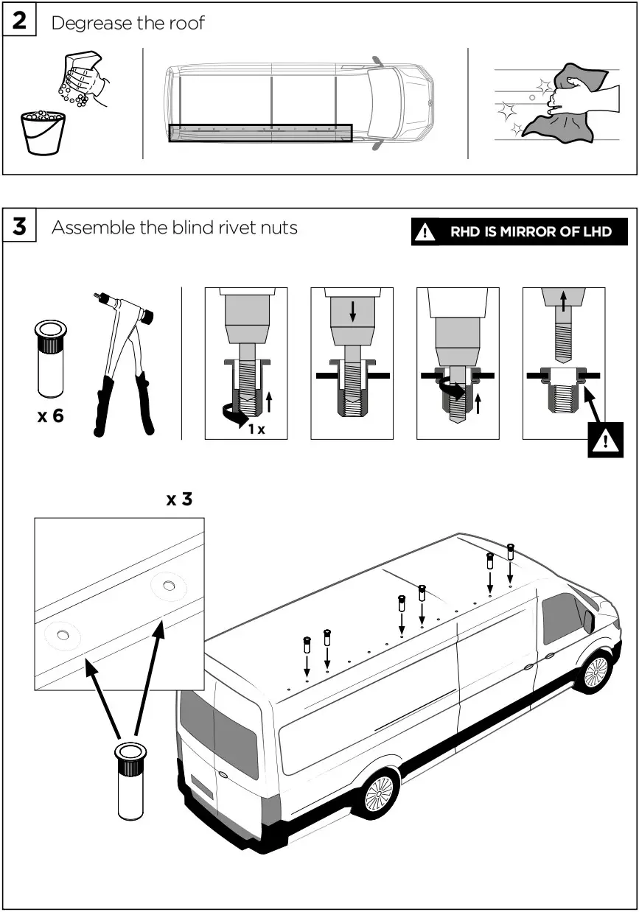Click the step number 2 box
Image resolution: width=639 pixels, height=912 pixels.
[x=19, y=21]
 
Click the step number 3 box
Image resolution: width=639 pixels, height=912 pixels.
[x=19, y=227]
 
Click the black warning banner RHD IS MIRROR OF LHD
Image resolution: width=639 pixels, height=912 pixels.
[x=519, y=232]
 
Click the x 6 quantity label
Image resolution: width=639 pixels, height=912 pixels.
[x=51, y=416]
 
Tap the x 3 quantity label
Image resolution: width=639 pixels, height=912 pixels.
[x=179, y=499]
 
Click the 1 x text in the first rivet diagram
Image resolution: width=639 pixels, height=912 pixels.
[x=256, y=429]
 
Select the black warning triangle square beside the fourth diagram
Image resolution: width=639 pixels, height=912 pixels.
[x=605, y=441]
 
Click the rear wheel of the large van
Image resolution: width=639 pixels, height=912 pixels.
[x=380, y=794]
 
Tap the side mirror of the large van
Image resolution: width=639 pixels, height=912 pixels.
[x=589, y=620]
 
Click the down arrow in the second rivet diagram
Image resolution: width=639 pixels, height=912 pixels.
[x=352, y=312]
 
